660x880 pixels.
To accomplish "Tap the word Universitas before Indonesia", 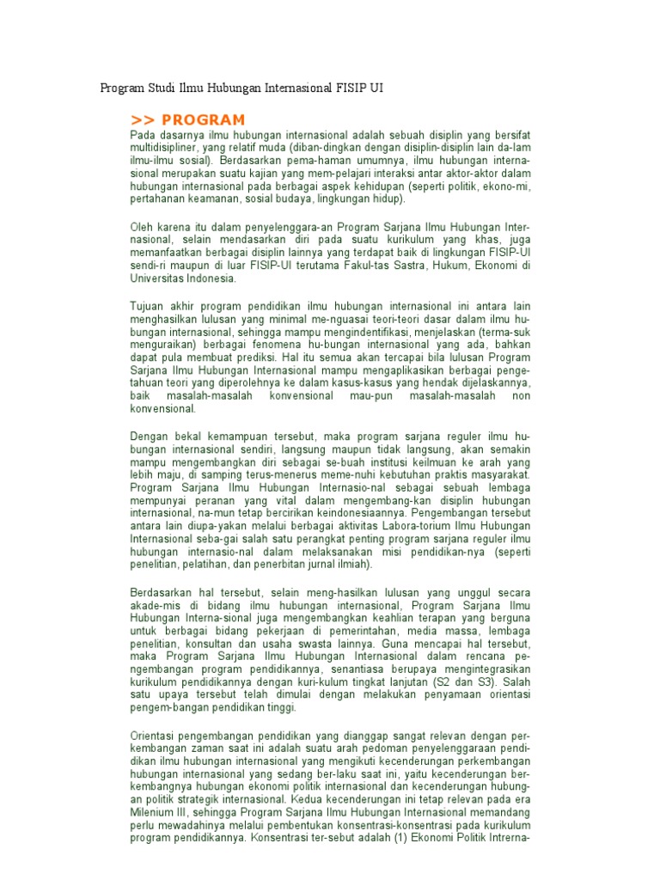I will click(x=158, y=279).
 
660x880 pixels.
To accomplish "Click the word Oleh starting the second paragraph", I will click(x=143, y=227).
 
